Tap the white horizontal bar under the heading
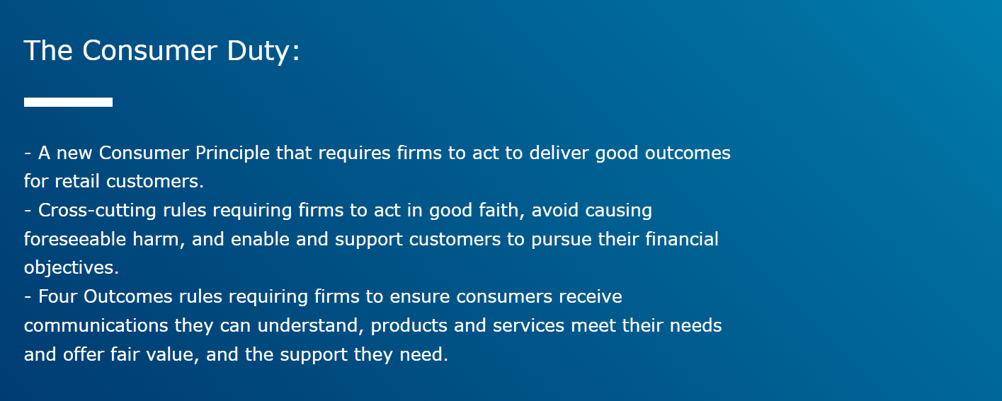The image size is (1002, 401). (68, 103)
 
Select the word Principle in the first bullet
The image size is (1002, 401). (233, 153)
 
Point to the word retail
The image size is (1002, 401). (78, 181)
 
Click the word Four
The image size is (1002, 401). (58, 296)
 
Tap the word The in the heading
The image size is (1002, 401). (49, 51)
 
